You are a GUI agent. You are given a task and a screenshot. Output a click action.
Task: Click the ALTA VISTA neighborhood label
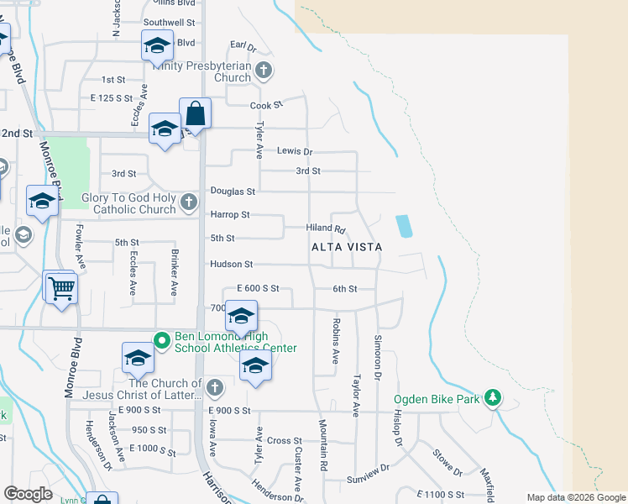(x=347, y=247)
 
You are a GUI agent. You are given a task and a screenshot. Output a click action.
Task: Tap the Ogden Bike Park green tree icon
(x=495, y=398)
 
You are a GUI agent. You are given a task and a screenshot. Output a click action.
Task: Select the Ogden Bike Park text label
(x=438, y=399)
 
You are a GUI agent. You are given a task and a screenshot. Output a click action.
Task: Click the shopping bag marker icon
(x=195, y=113)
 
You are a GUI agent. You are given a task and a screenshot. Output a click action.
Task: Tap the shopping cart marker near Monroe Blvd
(x=60, y=288)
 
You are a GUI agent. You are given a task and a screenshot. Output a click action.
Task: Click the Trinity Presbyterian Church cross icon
(x=264, y=71)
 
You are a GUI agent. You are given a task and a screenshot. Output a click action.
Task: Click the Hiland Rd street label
(x=326, y=228)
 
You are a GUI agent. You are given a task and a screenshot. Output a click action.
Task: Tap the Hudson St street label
(x=231, y=264)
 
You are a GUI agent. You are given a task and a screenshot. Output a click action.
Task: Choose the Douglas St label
(x=233, y=192)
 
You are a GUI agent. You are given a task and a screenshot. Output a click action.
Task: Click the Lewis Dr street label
(x=295, y=152)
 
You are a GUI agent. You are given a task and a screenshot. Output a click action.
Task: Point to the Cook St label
(x=267, y=106)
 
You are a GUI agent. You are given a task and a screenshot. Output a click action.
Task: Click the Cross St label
(x=285, y=440)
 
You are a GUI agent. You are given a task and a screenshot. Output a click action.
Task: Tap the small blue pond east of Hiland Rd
(x=404, y=225)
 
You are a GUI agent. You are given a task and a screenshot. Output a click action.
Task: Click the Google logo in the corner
(x=28, y=494)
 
